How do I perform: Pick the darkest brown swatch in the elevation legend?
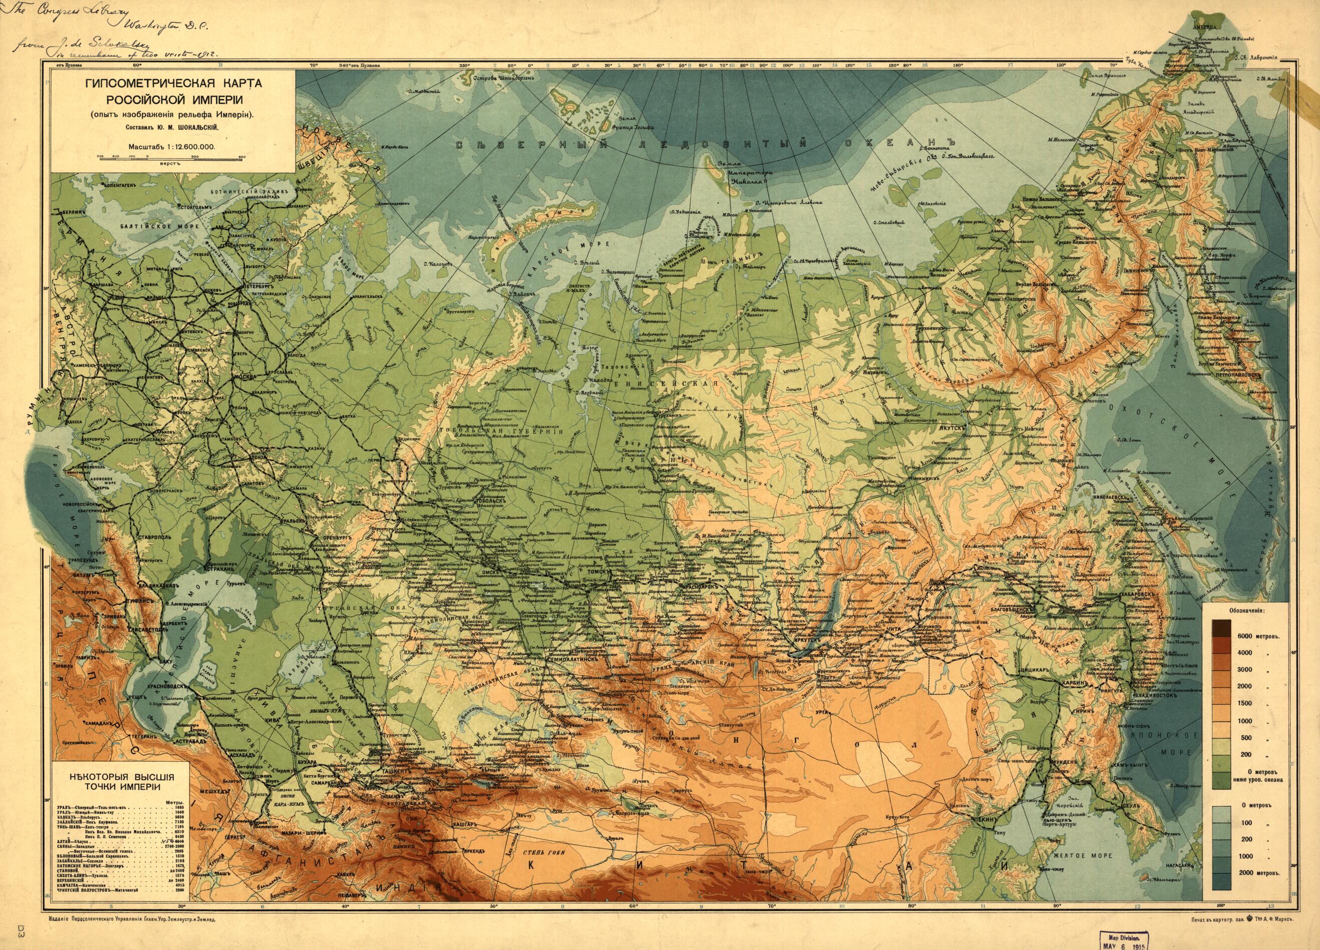click(1222, 628)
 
